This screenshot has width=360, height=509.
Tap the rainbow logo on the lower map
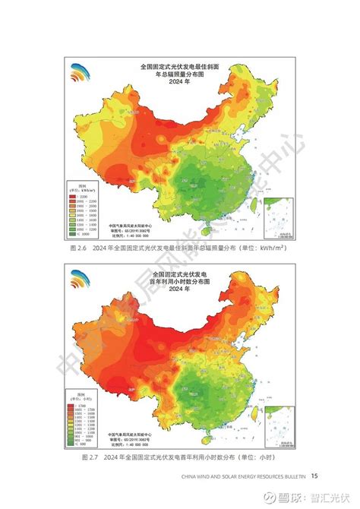click(x=80, y=280)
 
